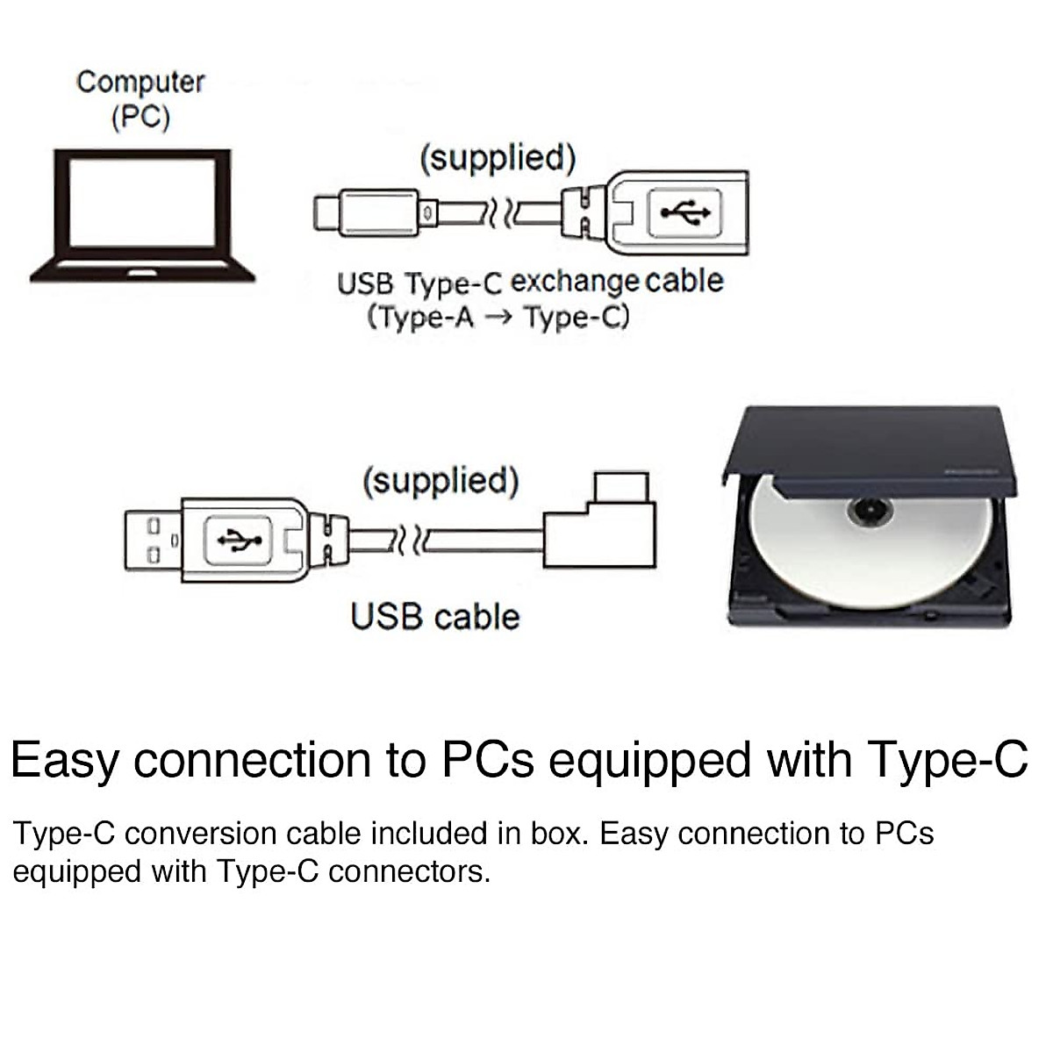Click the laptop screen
point(142,203)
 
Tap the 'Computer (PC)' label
point(140,98)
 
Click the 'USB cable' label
point(435,616)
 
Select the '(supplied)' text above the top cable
point(498,159)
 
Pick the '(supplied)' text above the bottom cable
point(441,481)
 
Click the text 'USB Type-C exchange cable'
point(530,283)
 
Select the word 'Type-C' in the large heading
point(947,760)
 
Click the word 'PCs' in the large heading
point(488,760)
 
